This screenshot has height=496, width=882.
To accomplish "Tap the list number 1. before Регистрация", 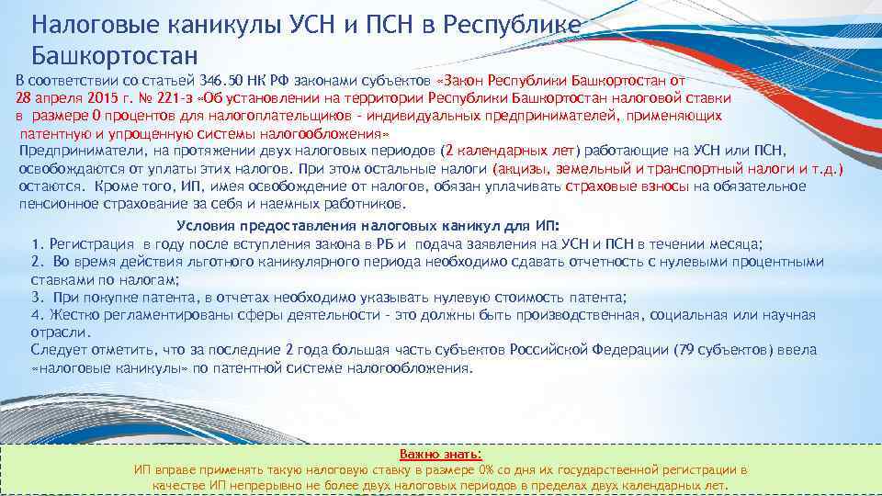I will [37, 244].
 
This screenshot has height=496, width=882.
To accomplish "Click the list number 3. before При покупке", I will [37, 298].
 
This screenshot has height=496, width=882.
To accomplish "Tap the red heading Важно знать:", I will [440, 454].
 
